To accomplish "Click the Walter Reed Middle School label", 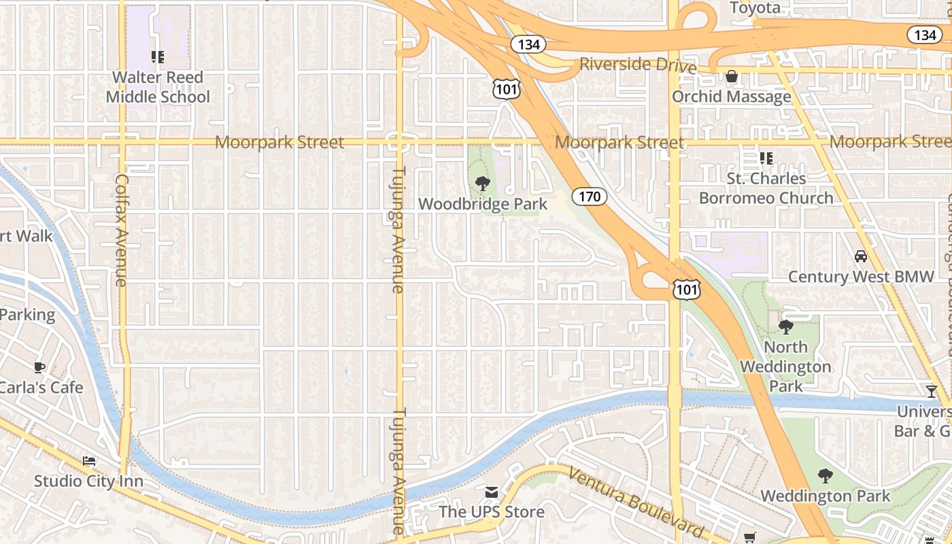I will (x=158, y=87).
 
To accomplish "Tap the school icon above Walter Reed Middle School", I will (x=158, y=57).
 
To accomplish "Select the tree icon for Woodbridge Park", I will (x=483, y=183).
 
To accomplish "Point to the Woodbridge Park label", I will (x=483, y=204).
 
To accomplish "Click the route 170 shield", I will (x=589, y=197).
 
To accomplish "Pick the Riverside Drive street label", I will (x=638, y=65).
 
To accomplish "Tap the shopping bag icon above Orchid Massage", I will (x=732, y=76).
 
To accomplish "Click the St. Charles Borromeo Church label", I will (x=766, y=188).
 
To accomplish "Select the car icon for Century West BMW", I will (x=861, y=256).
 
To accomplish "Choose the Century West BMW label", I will (x=861, y=277).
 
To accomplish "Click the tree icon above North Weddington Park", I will (x=786, y=327).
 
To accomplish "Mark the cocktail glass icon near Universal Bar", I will (x=931, y=391).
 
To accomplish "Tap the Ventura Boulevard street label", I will (x=636, y=501).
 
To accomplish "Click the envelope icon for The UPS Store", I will (x=492, y=492).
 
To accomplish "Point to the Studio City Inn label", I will (x=88, y=481).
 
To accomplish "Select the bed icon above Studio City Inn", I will (x=89, y=461).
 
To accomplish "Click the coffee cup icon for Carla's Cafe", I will (x=39, y=367).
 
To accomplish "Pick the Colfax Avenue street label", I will (x=121, y=230).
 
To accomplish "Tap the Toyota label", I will (x=755, y=8).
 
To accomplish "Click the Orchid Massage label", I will (x=732, y=97).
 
